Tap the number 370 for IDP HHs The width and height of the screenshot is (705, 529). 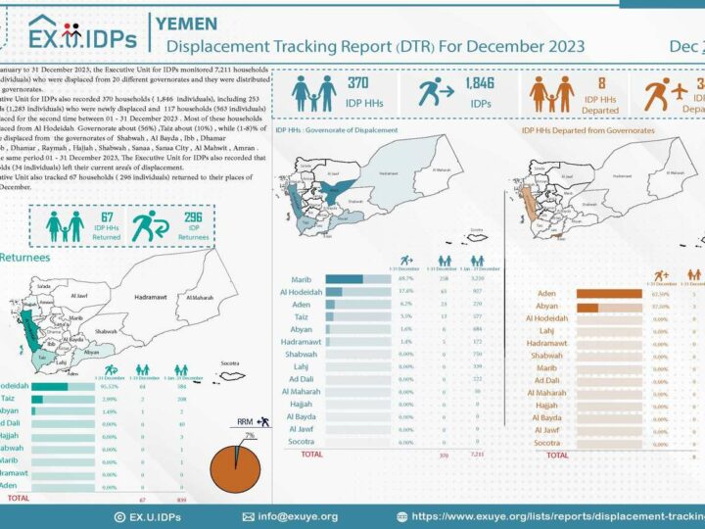pyautogui.click(x=357, y=84)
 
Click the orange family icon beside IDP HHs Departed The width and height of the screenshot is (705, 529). pyautogui.click(x=550, y=93)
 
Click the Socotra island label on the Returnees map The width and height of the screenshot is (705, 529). pyautogui.click(x=230, y=362)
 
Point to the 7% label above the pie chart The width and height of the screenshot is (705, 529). pyautogui.click(x=251, y=433)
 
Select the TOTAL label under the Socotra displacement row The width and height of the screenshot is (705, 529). pyautogui.click(x=311, y=455)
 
